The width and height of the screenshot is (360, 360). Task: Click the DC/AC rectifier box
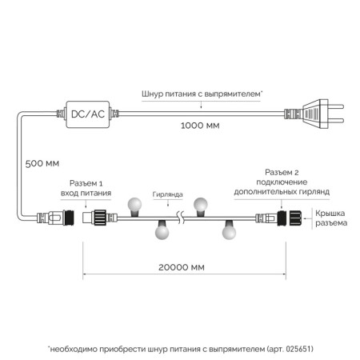tap(88, 114)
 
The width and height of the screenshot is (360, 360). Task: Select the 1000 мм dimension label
tap(200, 126)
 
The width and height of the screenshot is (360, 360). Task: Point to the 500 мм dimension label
tap(42, 163)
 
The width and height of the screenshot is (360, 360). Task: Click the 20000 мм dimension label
tap(182, 267)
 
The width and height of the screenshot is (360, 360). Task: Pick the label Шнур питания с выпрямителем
tap(202, 94)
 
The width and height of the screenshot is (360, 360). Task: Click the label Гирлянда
tap(167, 194)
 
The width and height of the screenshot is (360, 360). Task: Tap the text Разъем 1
tap(86, 183)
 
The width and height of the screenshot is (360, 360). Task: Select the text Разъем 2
tap(282, 172)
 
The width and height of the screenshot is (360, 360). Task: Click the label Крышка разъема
tap(331, 218)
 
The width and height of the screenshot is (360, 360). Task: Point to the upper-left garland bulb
tap(134, 206)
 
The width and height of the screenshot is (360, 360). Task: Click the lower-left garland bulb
tap(162, 230)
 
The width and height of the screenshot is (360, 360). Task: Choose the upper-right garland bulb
tap(201, 206)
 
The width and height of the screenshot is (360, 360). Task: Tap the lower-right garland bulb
tap(229, 230)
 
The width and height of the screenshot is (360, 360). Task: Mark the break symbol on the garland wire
tap(181, 218)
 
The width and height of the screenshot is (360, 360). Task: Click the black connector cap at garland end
tap(295, 218)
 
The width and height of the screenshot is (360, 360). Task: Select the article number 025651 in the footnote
tap(298, 349)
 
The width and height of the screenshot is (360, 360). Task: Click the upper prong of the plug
tap(336, 107)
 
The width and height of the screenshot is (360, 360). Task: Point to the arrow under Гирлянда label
tap(168, 203)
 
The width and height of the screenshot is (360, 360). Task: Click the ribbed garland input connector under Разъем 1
tap(99, 218)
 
